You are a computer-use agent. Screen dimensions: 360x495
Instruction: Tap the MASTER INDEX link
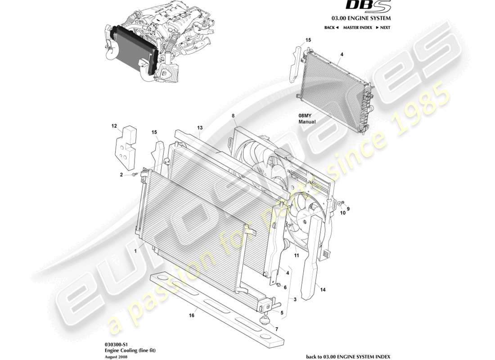tap(357, 27)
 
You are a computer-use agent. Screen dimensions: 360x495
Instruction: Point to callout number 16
tap(192, 316)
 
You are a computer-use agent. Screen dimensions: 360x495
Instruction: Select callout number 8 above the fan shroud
tap(233, 116)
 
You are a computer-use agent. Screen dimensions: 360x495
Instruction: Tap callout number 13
tap(200, 128)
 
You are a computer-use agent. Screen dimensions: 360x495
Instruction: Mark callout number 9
tap(348, 208)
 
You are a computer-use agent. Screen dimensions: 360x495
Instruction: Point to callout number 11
tap(297, 256)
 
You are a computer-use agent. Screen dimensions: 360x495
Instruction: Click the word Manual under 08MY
tap(307, 121)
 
